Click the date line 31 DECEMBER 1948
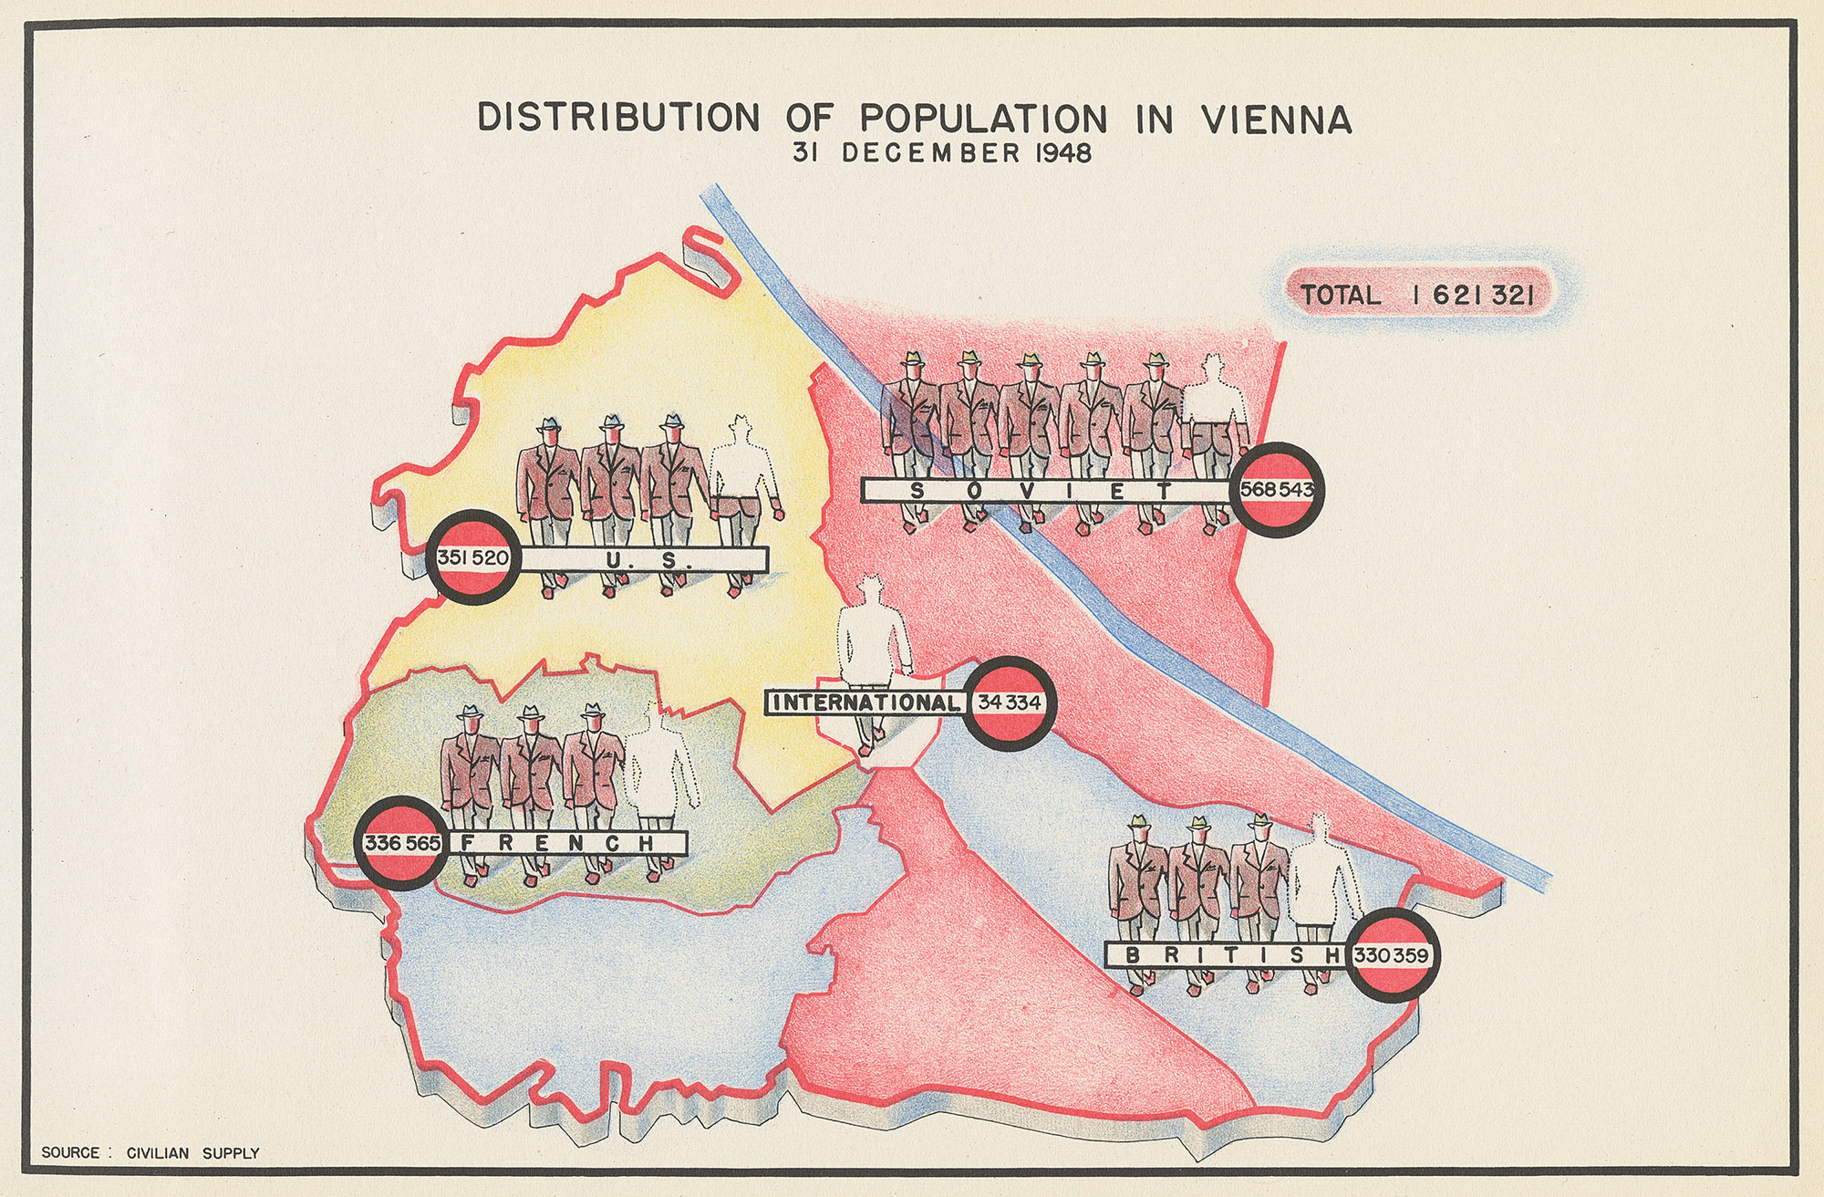click(943, 152)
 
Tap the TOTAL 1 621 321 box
click(1417, 295)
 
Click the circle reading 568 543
click(1276, 490)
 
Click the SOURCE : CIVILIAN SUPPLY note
click(150, 1153)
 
